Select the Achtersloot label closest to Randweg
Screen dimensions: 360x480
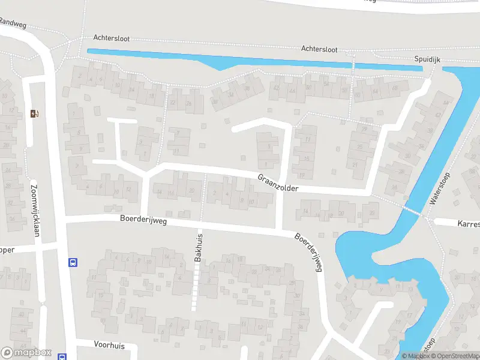(111, 38)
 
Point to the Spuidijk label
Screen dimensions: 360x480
(428, 59)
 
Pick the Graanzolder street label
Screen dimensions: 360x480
(278, 184)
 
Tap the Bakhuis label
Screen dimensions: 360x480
(199, 247)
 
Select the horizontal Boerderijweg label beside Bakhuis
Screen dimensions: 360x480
(143, 221)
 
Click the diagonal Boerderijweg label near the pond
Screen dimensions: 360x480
(308, 252)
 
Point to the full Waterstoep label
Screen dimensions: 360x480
(440, 190)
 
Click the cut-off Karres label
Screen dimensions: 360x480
(468, 224)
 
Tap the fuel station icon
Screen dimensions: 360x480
(34, 113)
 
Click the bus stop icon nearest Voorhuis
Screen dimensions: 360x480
(62, 356)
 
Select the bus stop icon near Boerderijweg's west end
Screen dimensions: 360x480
(73, 262)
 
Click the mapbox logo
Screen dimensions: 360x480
(26, 352)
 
